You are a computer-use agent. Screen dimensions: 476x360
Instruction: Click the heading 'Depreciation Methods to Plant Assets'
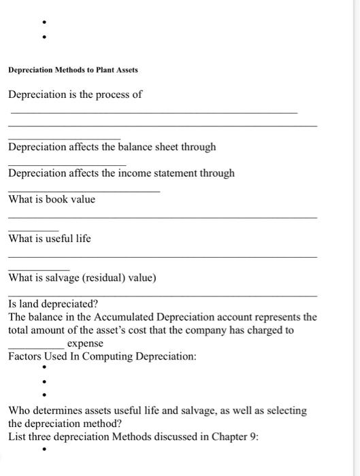(x=73, y=70)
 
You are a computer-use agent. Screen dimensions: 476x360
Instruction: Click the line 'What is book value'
(x=52, y=199)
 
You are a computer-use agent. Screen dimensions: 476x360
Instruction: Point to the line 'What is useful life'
(x=50, y=239)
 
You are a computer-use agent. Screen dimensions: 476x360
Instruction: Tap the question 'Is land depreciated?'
(x=53, y=304)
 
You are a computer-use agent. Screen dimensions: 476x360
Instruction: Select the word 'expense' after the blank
(x=85, y=344)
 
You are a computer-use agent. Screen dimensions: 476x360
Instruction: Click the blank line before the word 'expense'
(x=37, y=347)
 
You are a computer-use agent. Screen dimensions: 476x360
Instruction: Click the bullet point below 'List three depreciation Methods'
(x=44, y=449)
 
